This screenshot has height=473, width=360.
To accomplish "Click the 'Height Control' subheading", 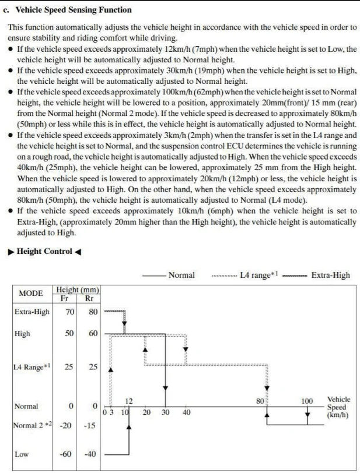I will coord(45,252).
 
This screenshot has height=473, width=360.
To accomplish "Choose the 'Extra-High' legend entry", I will coord(330,275).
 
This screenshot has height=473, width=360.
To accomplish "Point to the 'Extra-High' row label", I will coord(32,312).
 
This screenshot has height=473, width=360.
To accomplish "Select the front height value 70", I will coord(69,312).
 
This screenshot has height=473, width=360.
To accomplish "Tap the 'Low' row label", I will coord(21,454).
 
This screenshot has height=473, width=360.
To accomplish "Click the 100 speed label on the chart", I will coord(307,401).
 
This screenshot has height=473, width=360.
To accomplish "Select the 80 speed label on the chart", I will coord(260,401).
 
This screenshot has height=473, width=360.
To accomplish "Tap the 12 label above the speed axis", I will coord(130,401).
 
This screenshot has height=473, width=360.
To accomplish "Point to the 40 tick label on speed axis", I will coord(186,412).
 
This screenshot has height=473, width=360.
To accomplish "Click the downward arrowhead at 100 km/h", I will coord(307,414).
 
